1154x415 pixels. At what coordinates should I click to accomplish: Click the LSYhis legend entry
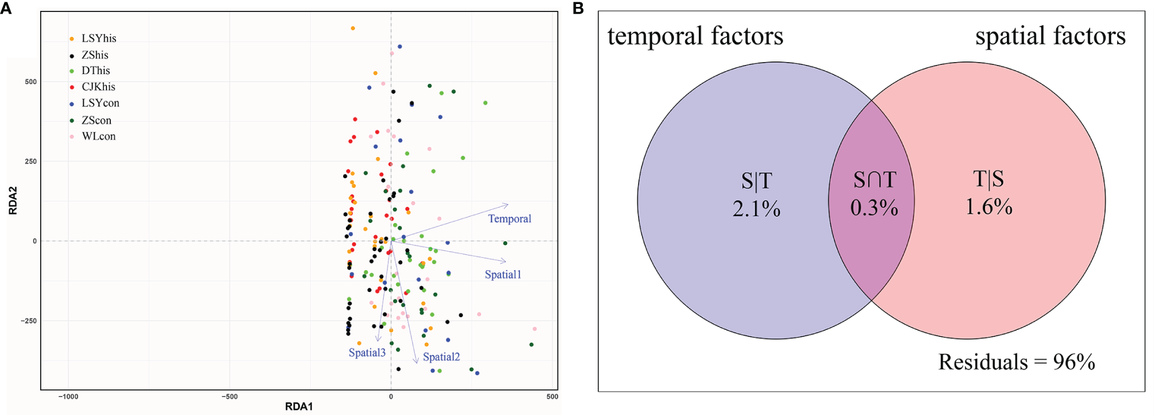point(98,39)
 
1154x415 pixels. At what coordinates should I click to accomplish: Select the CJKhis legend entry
point(98,87)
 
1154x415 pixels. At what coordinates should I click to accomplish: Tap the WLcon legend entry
point(98,136)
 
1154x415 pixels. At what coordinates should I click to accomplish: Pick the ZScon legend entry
point(96,120)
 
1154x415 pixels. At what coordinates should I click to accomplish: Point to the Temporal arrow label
point(509,219)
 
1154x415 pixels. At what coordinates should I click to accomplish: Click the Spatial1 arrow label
point(502,275)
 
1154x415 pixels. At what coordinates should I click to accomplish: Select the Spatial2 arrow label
point(441,357)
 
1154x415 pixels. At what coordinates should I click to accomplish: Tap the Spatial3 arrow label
point(367,353)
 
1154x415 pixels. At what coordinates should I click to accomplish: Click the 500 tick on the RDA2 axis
point(30,82)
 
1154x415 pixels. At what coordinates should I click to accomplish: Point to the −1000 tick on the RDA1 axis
point(68,397)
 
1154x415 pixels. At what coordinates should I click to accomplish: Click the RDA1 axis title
point(299,407)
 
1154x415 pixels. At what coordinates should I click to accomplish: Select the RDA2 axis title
point(13,201)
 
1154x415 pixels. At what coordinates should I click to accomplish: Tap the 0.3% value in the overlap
point(874,207)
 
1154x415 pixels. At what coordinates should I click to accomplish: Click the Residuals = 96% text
point(1016,362)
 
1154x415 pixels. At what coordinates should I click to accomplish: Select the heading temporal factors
point(695,36)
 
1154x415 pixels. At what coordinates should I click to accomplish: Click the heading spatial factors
point(1050,36)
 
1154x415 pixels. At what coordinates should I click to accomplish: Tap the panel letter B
point(578,8)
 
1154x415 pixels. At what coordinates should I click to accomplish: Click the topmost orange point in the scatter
point(353,28)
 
